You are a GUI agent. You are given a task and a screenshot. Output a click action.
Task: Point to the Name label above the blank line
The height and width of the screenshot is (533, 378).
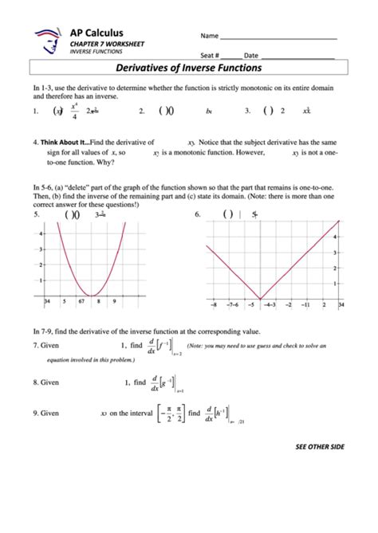209,37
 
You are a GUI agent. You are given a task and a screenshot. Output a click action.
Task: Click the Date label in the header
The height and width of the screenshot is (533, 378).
251,55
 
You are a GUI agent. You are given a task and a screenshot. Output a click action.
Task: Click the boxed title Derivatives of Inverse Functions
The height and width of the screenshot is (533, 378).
188,69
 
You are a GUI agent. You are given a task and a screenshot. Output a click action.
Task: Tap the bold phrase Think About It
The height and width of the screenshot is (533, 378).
63,141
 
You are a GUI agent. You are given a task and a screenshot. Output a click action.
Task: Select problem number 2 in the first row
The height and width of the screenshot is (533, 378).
141,112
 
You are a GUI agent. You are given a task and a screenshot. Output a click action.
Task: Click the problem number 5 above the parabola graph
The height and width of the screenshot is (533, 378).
35,214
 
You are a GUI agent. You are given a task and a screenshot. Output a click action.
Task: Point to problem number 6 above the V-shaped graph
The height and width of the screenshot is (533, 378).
198,214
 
